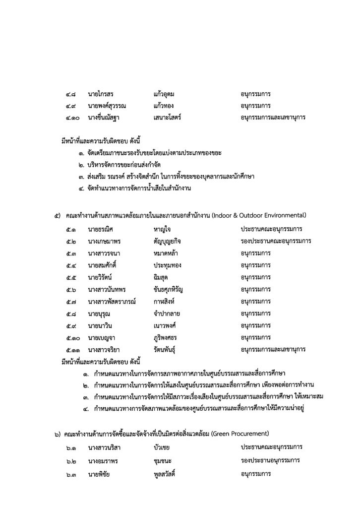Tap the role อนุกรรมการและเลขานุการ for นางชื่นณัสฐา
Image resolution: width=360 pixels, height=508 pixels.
point(273,118)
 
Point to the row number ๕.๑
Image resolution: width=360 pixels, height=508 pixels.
point(70,229)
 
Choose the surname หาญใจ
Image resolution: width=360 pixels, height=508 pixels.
point(163,229)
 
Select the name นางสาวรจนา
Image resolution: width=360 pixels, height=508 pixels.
point(104,253)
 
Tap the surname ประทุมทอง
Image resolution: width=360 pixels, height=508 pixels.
point(169,265)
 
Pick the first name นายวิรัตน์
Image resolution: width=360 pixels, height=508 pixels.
point(102,277)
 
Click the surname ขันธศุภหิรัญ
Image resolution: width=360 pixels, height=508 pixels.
point(172,289)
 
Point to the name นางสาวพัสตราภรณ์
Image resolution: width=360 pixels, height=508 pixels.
point(112,302)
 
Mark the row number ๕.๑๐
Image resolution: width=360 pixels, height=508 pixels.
point(72,338)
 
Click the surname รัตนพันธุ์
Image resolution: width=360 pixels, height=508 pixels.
point(168,350)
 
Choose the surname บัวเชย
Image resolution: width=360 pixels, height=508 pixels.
point(163,447)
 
